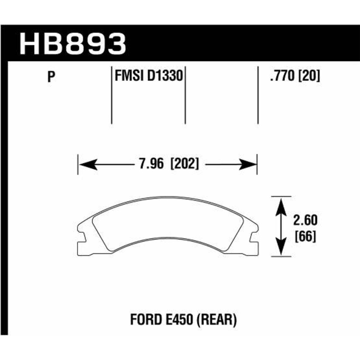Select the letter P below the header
(x=51, y=78)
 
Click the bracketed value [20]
(x=309, y=77)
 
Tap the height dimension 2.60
(x=305, y=220)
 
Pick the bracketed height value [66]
(x=305, y=235)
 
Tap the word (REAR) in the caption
(x=216, y=320)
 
